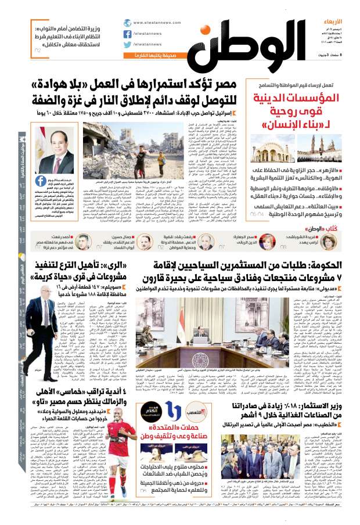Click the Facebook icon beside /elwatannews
tap(128, 34)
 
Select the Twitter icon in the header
tap(128, 45)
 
